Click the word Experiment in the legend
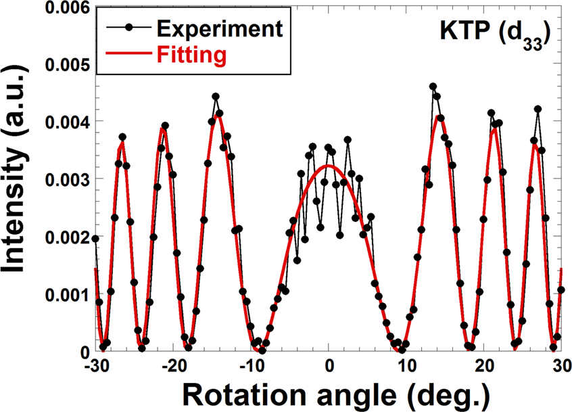point(218,28)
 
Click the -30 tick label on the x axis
point(95,365)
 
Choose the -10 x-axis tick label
point(250,365)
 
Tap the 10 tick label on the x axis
point(406,365)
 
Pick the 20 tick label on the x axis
point(484,365)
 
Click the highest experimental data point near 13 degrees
point(433,87)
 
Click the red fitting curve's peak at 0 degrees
point(329,165)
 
